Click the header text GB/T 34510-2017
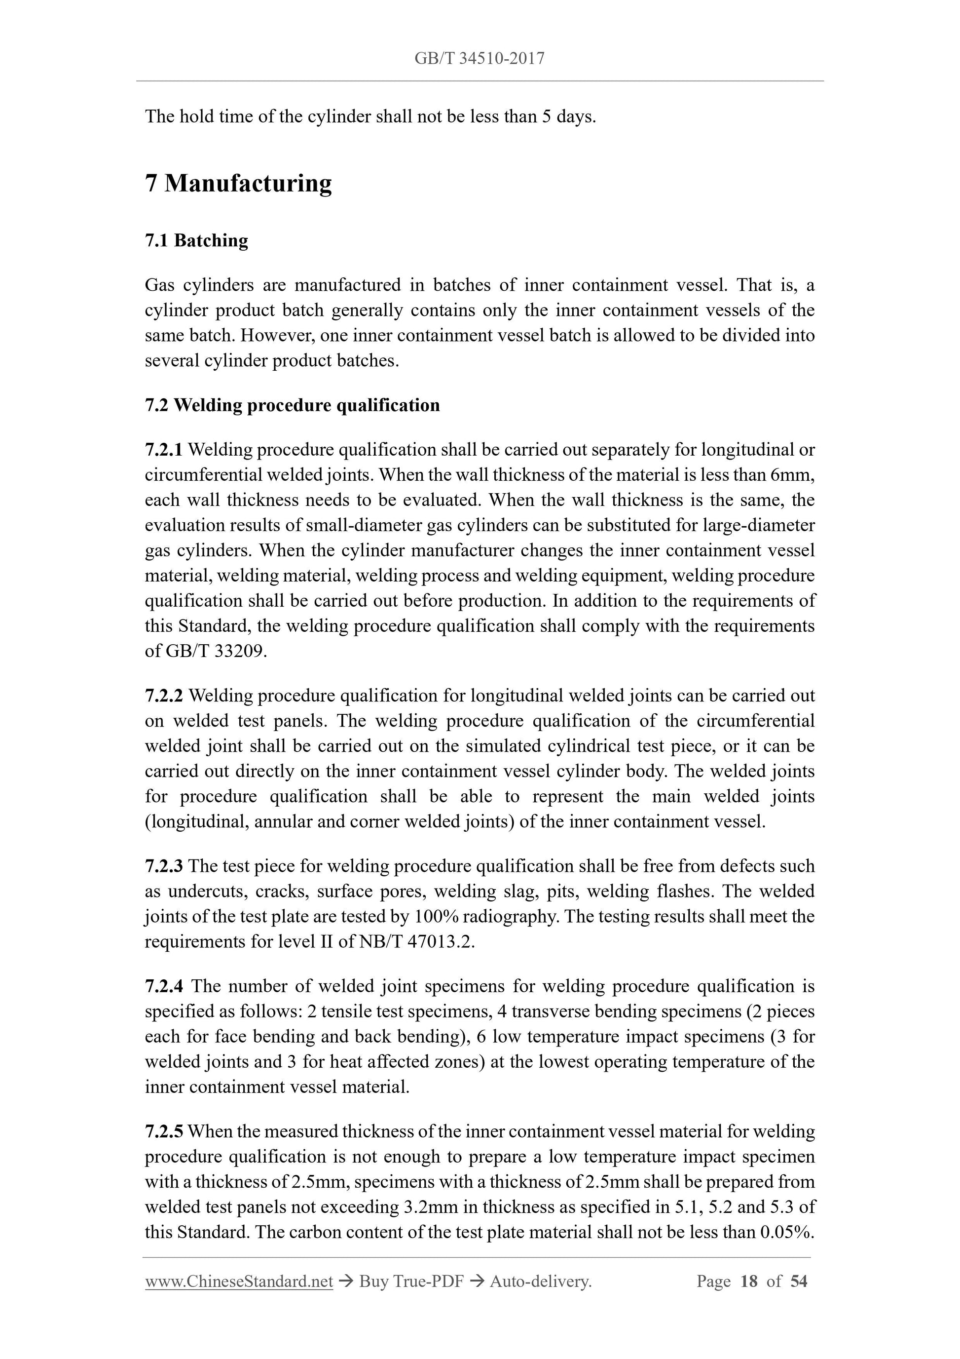click(x=479, y=59)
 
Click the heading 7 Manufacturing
click(x=238, y=184)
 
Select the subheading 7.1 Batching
click(x=196, y=240)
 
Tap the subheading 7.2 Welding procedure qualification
click(x=292, y=405)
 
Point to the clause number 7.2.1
click(x=164, y=450)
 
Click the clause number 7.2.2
click(x=164, y=696)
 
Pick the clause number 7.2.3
click(x=164, y=866)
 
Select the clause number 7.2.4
click(x=164, y=986)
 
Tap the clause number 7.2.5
click(x=164, y=1132)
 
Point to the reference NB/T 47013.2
click(x=416, y=942)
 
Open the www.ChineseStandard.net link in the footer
click(x=239, y=1281)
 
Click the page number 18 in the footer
click(x=748, y=1281)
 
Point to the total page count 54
click(x=799, y=1281)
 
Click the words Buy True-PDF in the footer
click(x=411, y=1281)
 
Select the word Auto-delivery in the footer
click(x=541, y=1281)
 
